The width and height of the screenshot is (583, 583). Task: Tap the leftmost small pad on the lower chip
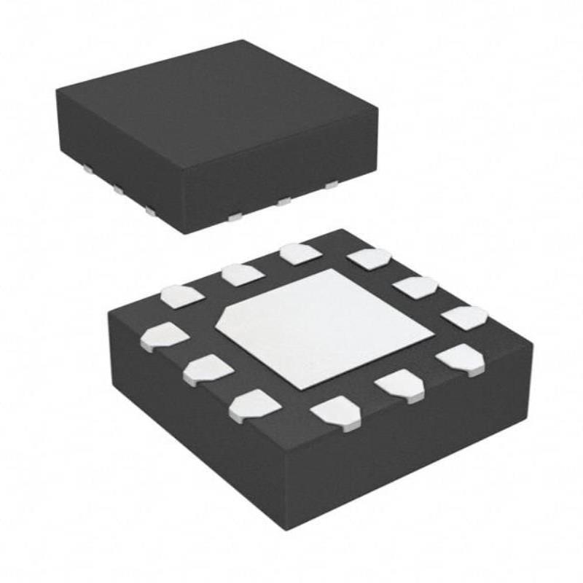[165, 336]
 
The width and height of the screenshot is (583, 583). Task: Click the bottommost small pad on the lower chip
[336, 414]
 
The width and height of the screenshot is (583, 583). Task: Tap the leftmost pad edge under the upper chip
[87, 169]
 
